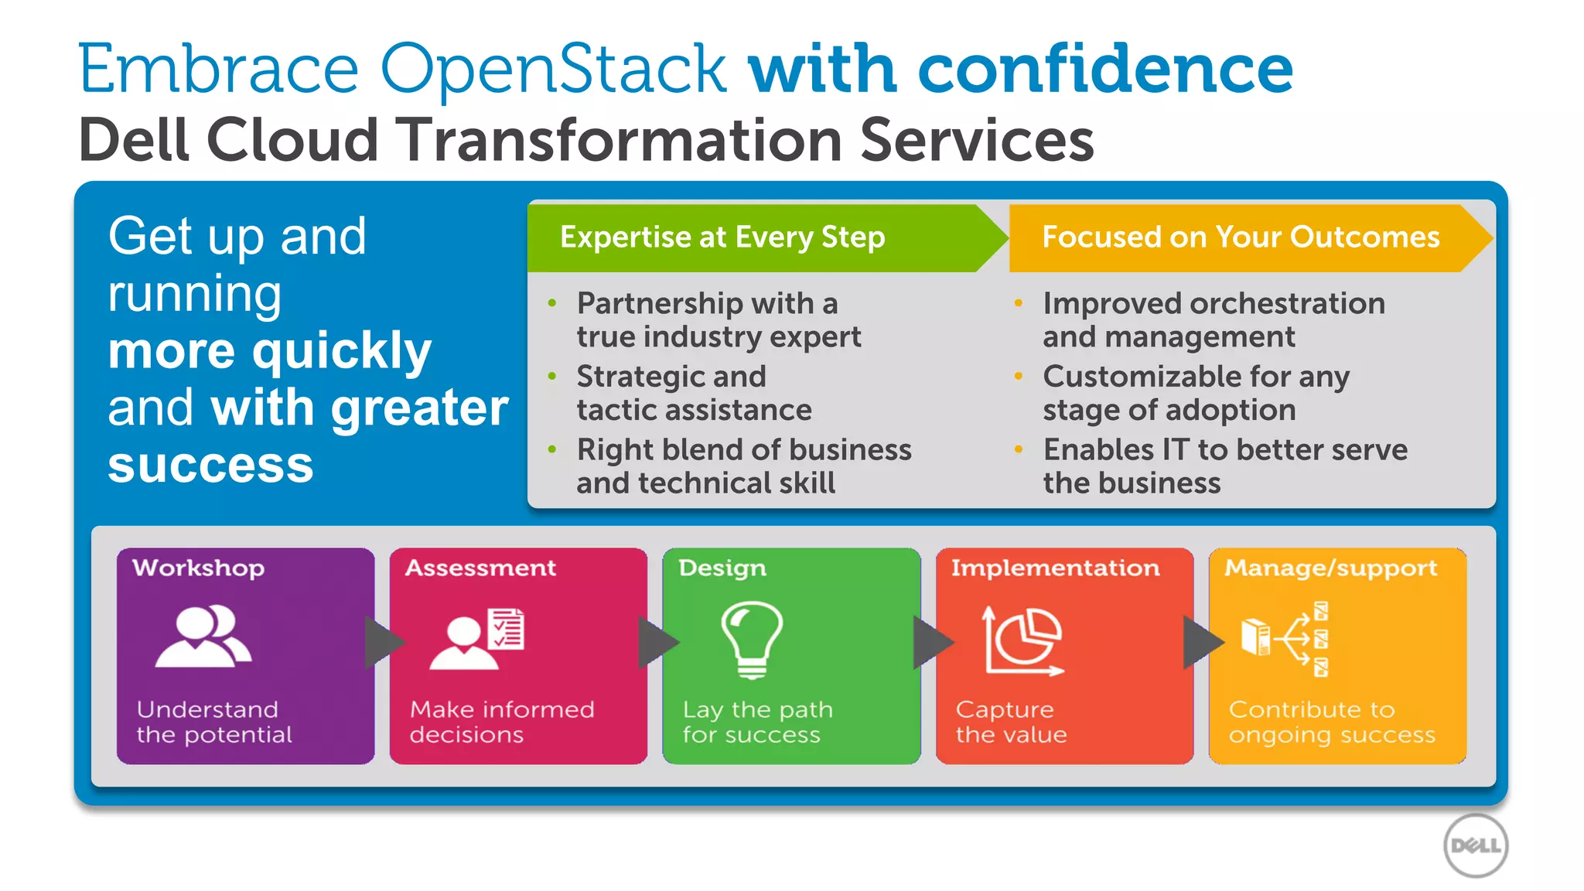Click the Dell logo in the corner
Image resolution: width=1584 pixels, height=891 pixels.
[x=1475, y=845]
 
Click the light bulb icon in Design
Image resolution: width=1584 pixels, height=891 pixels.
[x=752, y=640]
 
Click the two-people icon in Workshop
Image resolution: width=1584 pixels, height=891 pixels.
[x=203, y=637]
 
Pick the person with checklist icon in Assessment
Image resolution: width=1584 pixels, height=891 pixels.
[x=477, y=639]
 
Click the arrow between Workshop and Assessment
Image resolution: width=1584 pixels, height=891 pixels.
[x=382, y=642]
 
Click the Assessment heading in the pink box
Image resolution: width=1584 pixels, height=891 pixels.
[x=480, y=568]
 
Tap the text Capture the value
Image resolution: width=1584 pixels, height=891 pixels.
[x=1010, y=722]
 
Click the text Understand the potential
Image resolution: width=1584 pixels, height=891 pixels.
[x=214, y=722]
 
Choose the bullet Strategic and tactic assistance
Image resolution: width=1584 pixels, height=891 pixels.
[x=694, y=393]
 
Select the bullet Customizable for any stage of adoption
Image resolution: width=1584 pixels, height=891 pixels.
[x=1195, y=393]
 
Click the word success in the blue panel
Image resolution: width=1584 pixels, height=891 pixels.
[x=210, y=465]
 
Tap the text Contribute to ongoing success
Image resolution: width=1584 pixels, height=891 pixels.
[x=1331, y=722]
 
